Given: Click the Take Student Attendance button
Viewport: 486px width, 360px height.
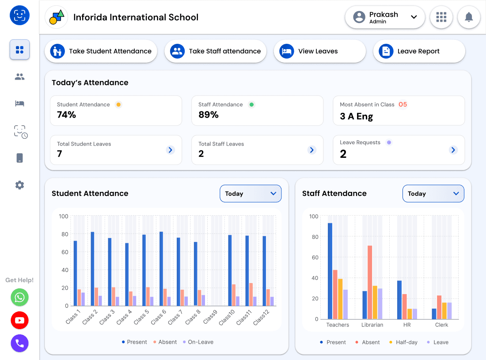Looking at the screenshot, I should (x=101, y=51).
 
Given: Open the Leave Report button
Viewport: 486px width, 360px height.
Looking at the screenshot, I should (x=419, y=51).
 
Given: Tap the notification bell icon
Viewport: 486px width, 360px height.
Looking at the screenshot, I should (x=469, y=17).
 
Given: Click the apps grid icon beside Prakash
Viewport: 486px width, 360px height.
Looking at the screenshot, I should (x=441, y=17).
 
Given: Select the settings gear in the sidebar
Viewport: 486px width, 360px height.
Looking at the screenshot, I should (x=19, y=185).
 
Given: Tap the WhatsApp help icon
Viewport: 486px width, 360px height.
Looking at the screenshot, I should (x=19, y=297).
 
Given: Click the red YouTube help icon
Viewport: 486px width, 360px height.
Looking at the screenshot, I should (x=19, y=320).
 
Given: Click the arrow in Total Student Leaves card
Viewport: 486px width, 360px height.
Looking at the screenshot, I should (x=171, y=150).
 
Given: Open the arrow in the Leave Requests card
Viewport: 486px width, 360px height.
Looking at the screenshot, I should (x=453, y=150).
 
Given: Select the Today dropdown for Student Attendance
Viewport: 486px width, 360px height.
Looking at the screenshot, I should (x=251, y=194).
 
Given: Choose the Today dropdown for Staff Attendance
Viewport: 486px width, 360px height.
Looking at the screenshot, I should (x=433, y=194).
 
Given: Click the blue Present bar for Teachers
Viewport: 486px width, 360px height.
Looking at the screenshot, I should (x=330, y=271).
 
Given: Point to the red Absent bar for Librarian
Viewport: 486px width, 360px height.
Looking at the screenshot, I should (x=370, y=282).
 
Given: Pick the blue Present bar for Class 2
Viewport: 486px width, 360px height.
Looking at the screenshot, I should (x=92, y=268).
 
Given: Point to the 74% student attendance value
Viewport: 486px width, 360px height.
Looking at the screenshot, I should (x=67, y=115).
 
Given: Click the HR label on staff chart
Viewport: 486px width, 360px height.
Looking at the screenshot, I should (x=407, y=325).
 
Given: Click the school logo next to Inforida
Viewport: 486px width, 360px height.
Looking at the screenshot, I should (x=57, y=17).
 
